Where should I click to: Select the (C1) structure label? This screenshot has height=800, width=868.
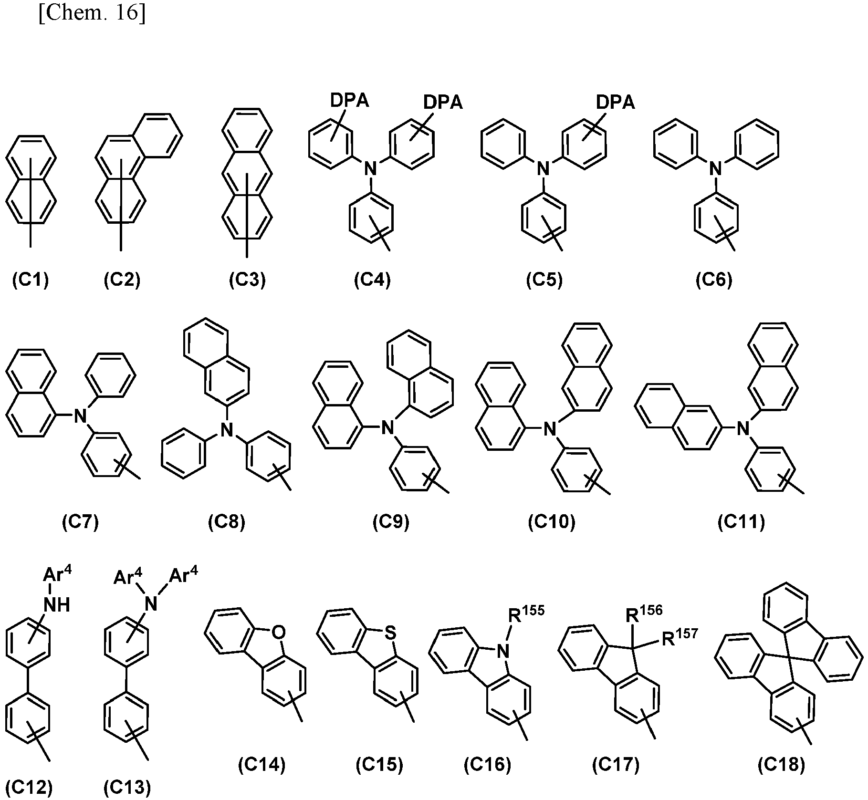pos(30,280)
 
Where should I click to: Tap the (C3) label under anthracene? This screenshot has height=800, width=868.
pos(247,280)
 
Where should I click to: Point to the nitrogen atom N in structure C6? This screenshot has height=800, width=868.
pos(714,169)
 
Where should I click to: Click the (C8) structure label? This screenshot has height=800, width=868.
pos(226,522)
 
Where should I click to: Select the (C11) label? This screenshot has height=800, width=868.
pos(742,522)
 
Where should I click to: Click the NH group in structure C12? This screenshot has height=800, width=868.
pos(57,605)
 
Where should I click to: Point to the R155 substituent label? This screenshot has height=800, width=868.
pos(526,614)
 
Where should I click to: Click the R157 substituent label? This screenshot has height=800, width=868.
pos(680,637)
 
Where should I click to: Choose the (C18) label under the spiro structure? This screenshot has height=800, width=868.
pos(781,765)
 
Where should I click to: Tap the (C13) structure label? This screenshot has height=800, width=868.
pos(127,788)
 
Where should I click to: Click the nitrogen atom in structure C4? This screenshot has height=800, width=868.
pos(370,169)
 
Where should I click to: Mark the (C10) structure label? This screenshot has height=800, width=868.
pos(552,522)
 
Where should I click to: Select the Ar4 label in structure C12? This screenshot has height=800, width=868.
pos(58,575)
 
